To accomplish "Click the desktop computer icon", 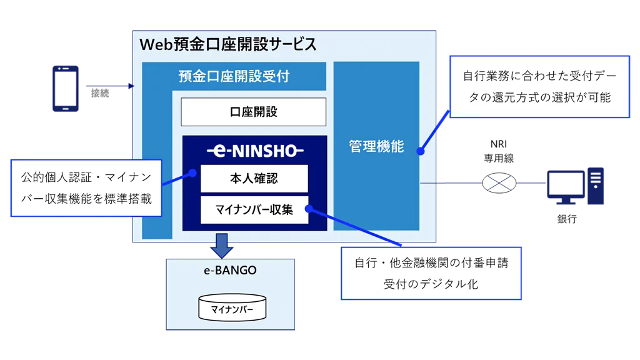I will click(x=574, y=185).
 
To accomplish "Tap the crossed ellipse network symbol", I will click(x=499, y=183).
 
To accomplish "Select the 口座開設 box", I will click(x=253, y=112).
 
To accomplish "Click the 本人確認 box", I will click(x=254, y=179).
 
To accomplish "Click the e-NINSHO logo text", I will click(x=254, y=151).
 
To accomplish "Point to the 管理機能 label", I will click(x=376, y=147).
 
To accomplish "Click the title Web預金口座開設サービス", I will click(x=227, y=45).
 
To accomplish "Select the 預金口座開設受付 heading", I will click(x=234, y=77).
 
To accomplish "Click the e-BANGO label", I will click(x=230, y=271).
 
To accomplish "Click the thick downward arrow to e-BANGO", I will click(x=221, y=245).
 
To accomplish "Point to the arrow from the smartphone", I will click(x=109, y=86).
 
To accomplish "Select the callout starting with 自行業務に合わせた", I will click(x=539, y=87).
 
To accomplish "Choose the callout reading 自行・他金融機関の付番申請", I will click(x=431, y=273).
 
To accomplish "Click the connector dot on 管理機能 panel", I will click(x=420, y=151).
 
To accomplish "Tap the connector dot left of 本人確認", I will click(x=192, y=172).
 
